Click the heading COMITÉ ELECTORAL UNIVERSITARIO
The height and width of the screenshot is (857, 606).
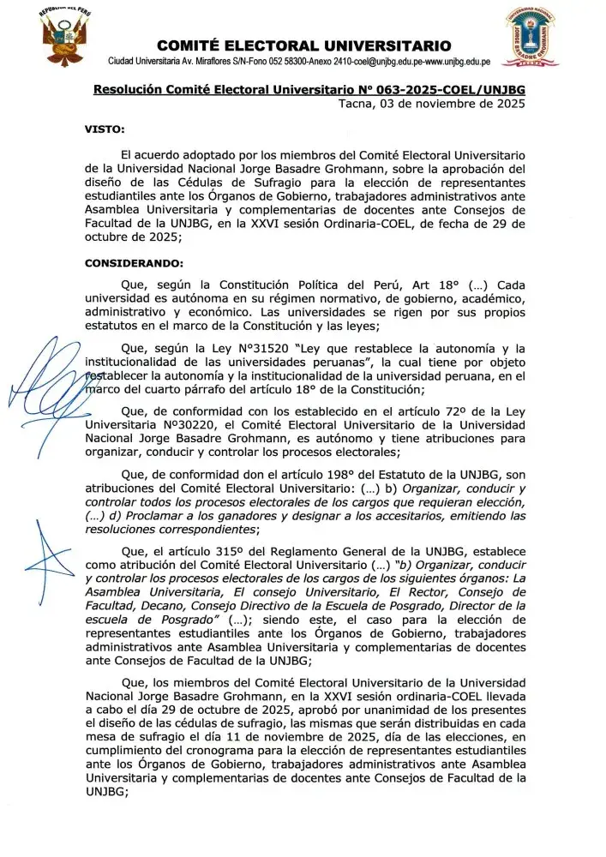pyautogui.click(x=304, y=45)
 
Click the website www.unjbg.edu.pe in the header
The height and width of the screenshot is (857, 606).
pyautogui.click(x=465, y=63)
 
